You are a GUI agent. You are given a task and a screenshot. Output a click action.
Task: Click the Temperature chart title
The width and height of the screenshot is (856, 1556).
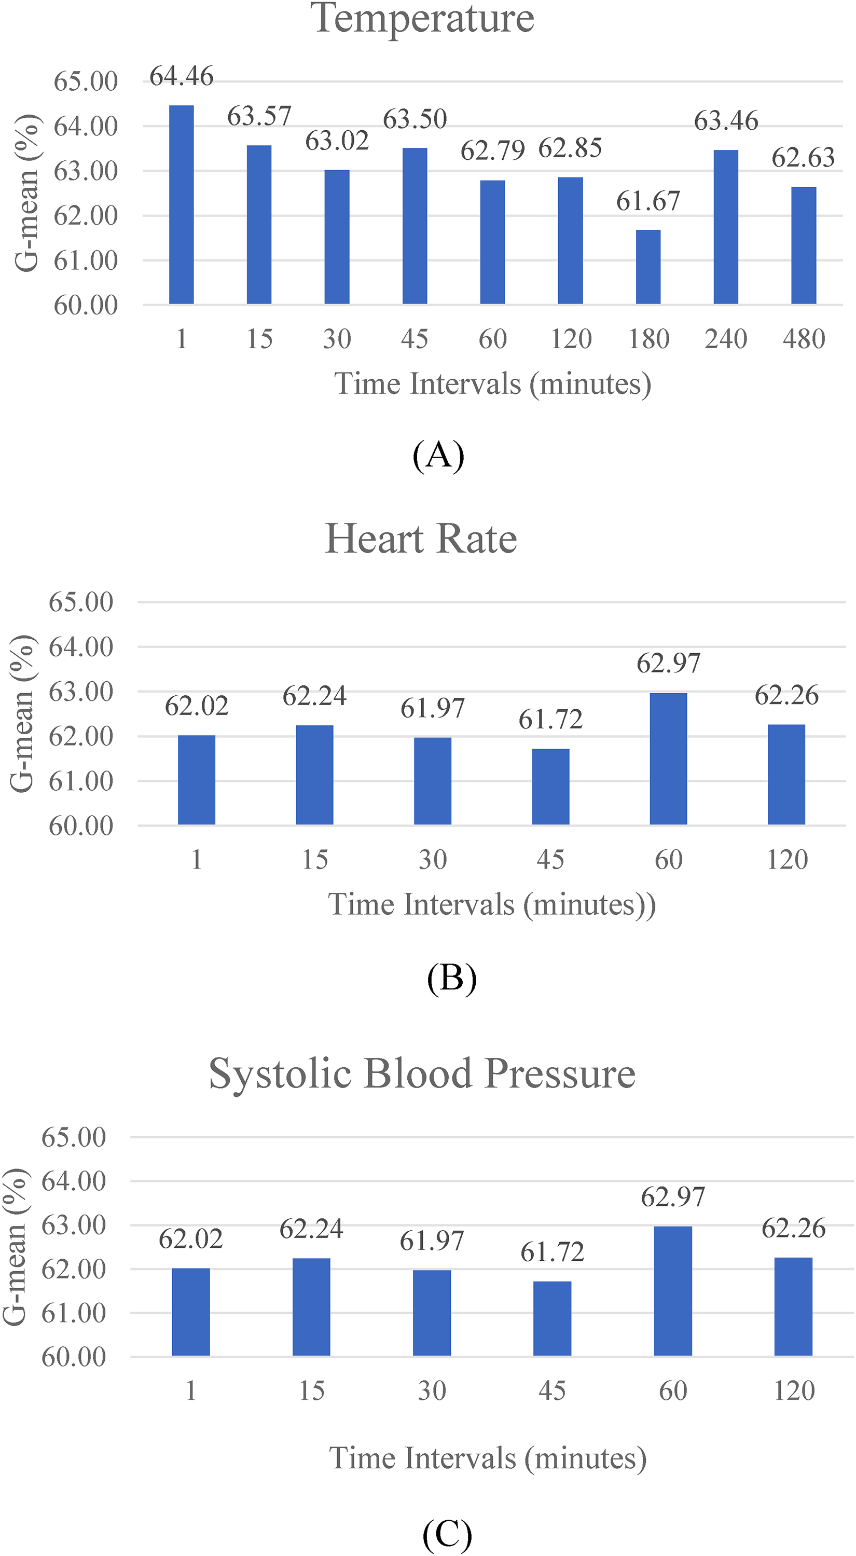(422, 18)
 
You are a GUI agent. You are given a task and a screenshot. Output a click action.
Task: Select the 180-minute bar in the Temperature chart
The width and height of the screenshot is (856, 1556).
(648, 267)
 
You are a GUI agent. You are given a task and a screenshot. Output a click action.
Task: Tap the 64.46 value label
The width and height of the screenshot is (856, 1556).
(181, 77)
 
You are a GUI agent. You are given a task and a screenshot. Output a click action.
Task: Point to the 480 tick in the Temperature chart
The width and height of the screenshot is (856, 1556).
(804, 339)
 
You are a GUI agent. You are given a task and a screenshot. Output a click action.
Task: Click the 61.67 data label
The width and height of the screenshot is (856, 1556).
(648, 201)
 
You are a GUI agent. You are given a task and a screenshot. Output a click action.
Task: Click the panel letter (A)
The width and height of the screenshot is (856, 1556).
(438, 456)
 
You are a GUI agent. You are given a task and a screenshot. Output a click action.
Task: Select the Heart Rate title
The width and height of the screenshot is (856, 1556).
(421, 538)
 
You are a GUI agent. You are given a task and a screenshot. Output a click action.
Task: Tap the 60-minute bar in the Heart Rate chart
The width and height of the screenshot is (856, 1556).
(668, 759)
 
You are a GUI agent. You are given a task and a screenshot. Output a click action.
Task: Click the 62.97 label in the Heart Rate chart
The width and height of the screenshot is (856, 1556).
(668, 664)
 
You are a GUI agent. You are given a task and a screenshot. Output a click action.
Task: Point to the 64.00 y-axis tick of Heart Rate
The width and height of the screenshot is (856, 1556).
(81, 647)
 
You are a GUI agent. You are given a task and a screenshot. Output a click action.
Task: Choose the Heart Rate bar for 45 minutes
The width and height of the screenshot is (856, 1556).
(550, 787)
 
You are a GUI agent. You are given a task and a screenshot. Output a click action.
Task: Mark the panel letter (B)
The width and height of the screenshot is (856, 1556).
(452, 978)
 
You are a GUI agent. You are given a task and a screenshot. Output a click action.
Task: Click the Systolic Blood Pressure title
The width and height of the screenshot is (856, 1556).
(422, 1073)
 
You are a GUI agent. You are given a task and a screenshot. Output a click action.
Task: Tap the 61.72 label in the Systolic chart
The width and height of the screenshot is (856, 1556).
(552, 1252)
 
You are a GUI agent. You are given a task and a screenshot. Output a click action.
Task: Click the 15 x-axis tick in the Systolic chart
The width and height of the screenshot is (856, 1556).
(312, 1391)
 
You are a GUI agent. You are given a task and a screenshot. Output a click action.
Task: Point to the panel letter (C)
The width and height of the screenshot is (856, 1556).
(447, 1533)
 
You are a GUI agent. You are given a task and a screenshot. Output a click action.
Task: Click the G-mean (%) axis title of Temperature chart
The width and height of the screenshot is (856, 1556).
(26, 194)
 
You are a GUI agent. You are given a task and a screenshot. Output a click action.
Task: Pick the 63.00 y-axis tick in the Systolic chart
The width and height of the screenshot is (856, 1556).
(74, 1226)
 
